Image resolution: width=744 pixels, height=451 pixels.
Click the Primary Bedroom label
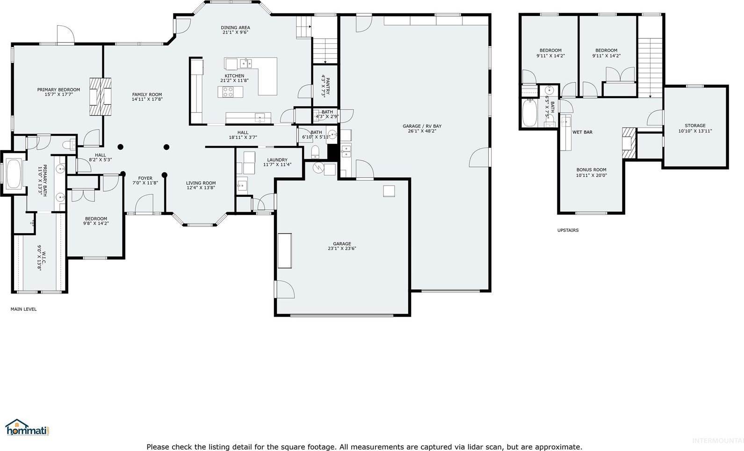coord(58,90)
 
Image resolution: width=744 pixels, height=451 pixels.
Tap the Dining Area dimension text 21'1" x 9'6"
coord(235,33)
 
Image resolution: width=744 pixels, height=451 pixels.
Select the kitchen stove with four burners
coord(228,92)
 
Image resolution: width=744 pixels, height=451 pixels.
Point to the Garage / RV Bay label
coord(422,126)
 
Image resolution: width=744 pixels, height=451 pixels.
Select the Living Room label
coord(201,183)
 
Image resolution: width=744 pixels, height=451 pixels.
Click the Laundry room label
coord(277,160)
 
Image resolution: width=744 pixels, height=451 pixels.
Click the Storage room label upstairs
coord(695,126)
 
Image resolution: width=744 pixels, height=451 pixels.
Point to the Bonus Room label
coord(591,170)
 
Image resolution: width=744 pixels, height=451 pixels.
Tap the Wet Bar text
coord(582,132)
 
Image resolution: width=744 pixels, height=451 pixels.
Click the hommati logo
coord(27,427)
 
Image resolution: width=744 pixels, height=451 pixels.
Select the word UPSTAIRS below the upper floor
coord(568,230)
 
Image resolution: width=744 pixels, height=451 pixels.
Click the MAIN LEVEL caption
coord(23,309)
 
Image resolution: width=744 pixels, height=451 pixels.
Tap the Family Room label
coord(147,94)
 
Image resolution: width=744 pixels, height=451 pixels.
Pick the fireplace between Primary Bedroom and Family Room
coord(101,96)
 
